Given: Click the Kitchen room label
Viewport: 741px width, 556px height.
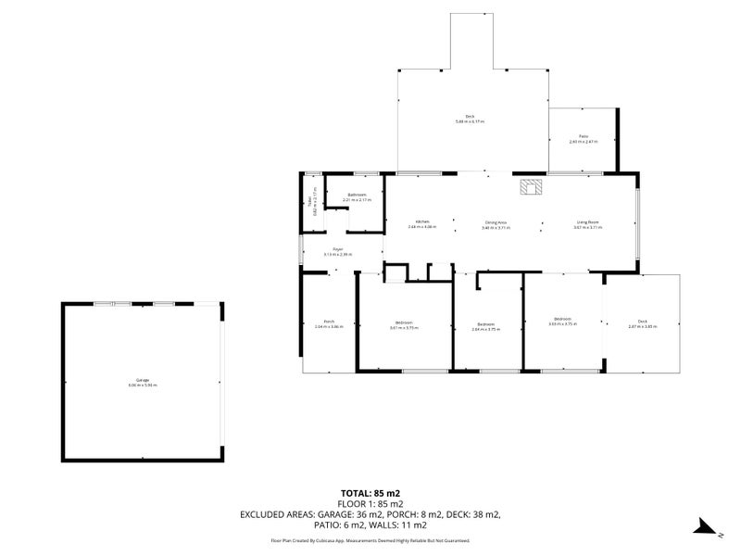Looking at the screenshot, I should coord(421,222).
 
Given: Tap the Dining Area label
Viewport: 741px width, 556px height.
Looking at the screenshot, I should coord(496,222).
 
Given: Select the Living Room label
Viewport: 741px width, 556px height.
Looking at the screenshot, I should coord(588,222).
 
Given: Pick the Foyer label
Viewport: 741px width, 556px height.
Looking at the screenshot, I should coord(339,249).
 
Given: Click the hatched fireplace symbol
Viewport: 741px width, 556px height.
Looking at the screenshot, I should coord(532,187).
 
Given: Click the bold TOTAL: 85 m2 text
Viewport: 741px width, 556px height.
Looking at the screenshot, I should coord(370,494).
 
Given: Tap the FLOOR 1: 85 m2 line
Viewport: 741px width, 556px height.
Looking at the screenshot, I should coord(370,504).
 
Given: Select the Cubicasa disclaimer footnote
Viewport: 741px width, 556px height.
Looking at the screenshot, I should coord(370,539).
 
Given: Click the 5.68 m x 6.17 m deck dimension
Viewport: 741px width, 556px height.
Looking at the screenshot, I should coord(471,121).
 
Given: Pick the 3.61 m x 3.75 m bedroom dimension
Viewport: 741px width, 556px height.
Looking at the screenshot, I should coord(405,328).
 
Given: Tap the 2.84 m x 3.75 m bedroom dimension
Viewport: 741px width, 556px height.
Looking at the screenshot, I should coord(486,329).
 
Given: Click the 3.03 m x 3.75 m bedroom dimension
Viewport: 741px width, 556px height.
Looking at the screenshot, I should coord(562,324).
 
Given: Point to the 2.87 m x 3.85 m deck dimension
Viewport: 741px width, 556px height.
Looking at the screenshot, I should coord(642,326).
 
